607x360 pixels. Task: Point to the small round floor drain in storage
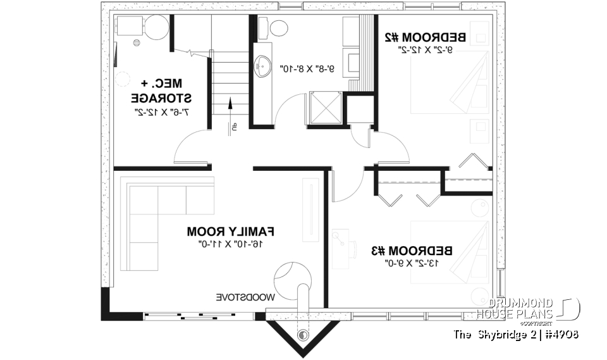[137, 43]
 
